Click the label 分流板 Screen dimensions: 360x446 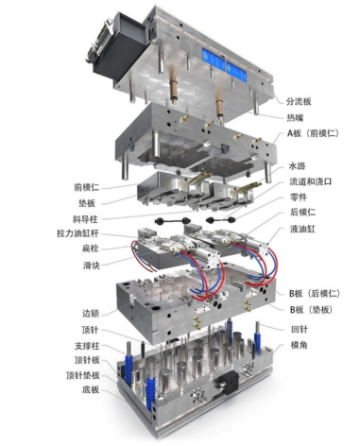coord(299,101)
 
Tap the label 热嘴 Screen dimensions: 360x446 coord(295,118)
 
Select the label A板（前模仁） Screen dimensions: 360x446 coord(313,133)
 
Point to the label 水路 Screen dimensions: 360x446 coord(297,166)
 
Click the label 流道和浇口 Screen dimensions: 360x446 coord(311,181)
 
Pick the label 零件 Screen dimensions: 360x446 coord(299,197)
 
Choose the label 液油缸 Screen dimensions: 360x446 coord(302,229)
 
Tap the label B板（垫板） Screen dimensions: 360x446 coord(311,310)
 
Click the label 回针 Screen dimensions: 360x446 coord(300,330)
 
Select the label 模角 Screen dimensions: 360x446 coord(299,345)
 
